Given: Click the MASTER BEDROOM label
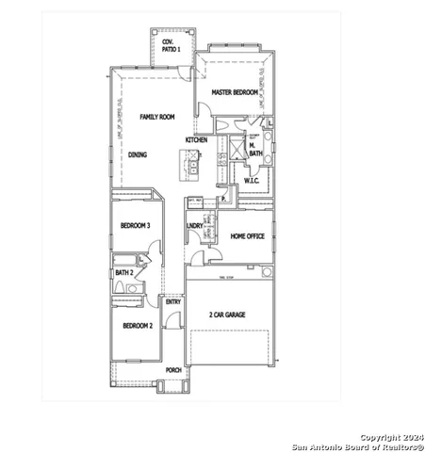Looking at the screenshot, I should [235, 93].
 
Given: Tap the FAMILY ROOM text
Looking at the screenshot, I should [157, 117].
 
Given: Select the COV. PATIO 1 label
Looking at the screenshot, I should [171, 44].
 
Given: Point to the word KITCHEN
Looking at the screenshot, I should [196, 139].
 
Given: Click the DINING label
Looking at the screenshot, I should [138, 153].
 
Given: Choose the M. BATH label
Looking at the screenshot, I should [255, 148].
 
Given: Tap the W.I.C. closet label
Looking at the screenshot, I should [252, 180].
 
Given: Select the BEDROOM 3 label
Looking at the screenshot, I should [136, 225].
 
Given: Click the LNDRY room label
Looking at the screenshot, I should [195, 226].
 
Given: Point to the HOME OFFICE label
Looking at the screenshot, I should [249, 235].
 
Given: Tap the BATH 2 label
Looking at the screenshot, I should [123, 273].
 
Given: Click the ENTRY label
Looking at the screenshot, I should [172, 301].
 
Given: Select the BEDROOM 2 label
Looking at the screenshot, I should [137, 326].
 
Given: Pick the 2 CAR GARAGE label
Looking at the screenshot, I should [226, 315].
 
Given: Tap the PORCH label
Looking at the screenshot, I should [173, 370].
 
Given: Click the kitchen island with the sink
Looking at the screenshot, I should [192, 166].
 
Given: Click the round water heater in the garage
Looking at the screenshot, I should [267, 272].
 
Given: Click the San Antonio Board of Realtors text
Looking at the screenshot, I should [357, 446].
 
